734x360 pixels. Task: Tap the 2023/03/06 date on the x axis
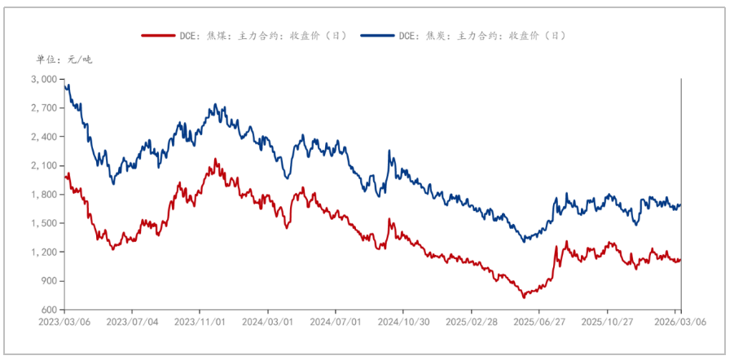point(64,322)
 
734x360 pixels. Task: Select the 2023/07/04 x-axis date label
point(132,322)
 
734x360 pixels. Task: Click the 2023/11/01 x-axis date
point(200,322)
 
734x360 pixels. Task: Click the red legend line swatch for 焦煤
point(159,36)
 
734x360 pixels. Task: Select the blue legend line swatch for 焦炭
point(379,36)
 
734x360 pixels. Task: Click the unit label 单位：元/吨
point(64,59)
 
